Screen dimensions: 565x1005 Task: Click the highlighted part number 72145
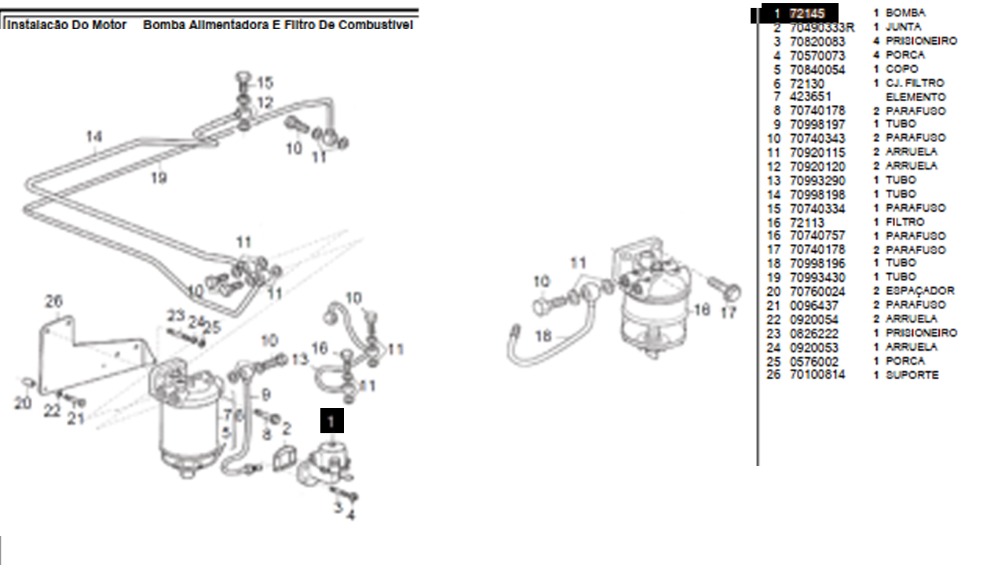coord(806,13)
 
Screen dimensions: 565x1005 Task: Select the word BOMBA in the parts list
coord(905,13)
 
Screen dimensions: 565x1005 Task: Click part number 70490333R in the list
coord(821,27)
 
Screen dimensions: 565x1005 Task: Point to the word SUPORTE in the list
coord(912,375)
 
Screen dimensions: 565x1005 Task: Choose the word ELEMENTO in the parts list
coord(915,97)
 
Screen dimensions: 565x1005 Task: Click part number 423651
coord(810,97)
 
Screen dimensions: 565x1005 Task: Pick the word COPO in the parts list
coord(901,69)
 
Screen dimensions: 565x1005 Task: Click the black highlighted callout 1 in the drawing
coord(331,421)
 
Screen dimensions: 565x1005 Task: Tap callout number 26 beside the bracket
coord(53,301)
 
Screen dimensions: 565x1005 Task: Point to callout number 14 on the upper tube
coord(94,137)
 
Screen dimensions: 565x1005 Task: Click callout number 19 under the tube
coord(159,178)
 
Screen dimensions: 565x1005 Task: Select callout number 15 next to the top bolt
coord(265,82)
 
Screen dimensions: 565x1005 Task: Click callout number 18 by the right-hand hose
coord(543,336)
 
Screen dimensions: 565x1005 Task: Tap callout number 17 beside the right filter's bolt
coord(729,312)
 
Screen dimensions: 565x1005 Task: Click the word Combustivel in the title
coord(376,25)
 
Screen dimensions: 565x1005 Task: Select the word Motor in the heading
coord(110,25)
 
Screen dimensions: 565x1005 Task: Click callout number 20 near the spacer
coord(23,403)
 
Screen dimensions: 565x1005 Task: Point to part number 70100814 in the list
coord(817,375)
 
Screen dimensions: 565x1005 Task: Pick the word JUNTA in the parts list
coord(903,27)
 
